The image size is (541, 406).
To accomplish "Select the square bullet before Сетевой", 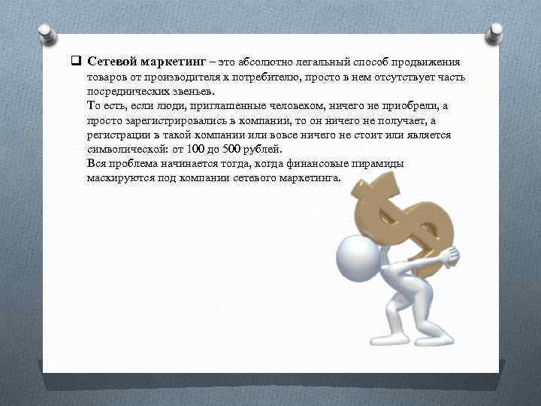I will pyautogui.click(x=77, y=61).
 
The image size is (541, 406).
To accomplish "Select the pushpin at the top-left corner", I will pyautogui.click(x=46, y=34).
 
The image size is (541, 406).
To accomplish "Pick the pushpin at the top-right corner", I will pyautogui.click(x=495, y=32).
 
